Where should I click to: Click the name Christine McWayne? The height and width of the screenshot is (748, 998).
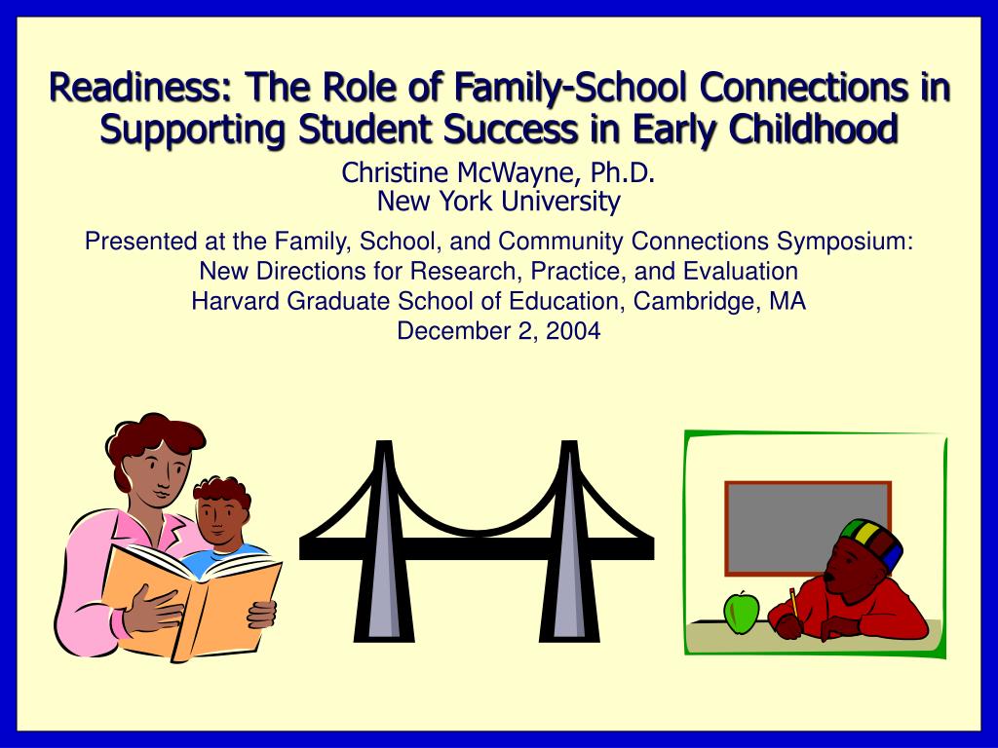tap(457, 173)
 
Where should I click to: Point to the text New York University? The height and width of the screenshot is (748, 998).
tap(498, 202)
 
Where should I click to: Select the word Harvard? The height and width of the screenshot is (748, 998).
tap(234, 301)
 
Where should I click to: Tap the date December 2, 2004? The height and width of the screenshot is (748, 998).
tap(498, 331)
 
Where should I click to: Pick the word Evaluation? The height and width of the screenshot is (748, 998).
tap(743, 271)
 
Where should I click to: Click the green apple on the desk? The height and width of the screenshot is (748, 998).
tap(741, 613)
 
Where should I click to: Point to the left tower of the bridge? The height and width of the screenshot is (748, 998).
tap(385, 545)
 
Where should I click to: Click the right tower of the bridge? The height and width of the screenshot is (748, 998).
tap(567, 545)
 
